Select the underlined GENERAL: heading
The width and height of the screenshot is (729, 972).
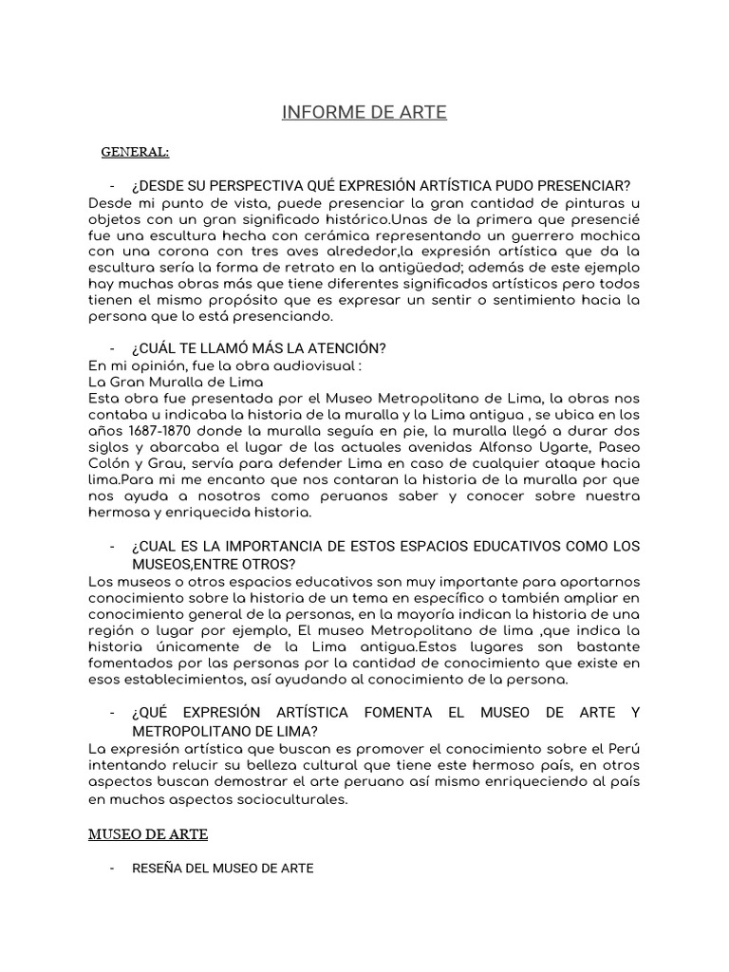point(135,152)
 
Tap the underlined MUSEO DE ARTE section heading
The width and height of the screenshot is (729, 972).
point(147,834)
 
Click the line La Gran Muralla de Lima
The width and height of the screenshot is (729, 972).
point(176,383)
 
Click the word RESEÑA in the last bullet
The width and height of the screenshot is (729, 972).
point(155,868)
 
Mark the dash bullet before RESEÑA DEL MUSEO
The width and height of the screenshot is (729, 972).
point(112,868)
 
